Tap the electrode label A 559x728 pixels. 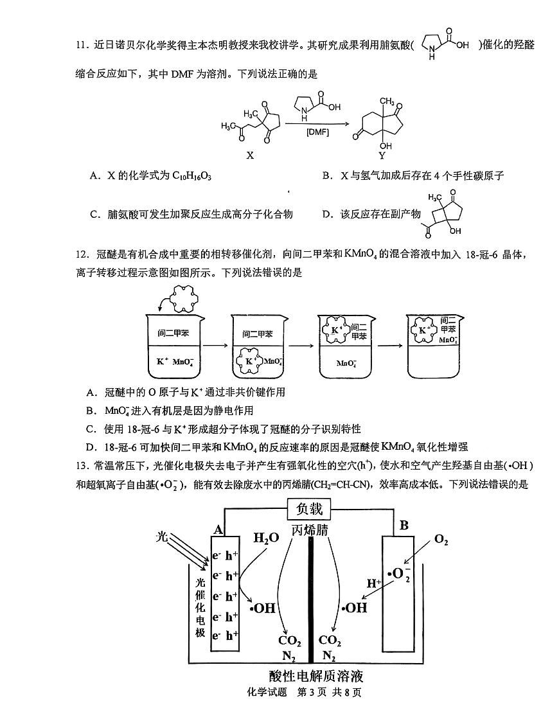[x=218, y=529]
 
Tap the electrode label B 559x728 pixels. [x=404, y=526]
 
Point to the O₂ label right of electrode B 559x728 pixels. [x=441, y=540]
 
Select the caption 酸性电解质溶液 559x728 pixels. [x=317, y=677]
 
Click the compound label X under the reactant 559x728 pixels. [x=251, y=155]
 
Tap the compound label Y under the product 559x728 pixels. [x=382, y=155]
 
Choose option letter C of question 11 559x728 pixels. [x=94, y=214]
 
